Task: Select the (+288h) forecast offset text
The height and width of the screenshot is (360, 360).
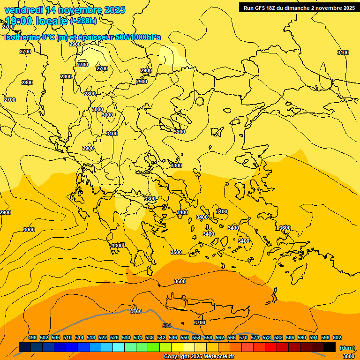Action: coord(83,21)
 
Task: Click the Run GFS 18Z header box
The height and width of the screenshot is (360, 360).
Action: coord(299,7)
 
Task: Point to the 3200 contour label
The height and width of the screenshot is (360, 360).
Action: coord(179,132)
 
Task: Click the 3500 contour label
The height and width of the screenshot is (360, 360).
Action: coord(176,252)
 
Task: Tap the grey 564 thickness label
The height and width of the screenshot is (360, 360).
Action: coord(167,326)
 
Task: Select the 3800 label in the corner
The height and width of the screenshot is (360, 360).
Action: coord(348,356)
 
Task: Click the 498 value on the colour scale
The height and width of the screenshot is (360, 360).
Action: coord(32,337)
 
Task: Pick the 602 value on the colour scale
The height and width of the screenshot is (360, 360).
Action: coord(337,337)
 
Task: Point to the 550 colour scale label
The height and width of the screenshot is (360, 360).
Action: coord(185,337)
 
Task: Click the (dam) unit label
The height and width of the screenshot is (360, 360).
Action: coord(347,348)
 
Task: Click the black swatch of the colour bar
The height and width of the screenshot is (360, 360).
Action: coord(330,347)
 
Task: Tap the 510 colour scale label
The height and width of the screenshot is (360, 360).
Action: coord(67,337)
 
